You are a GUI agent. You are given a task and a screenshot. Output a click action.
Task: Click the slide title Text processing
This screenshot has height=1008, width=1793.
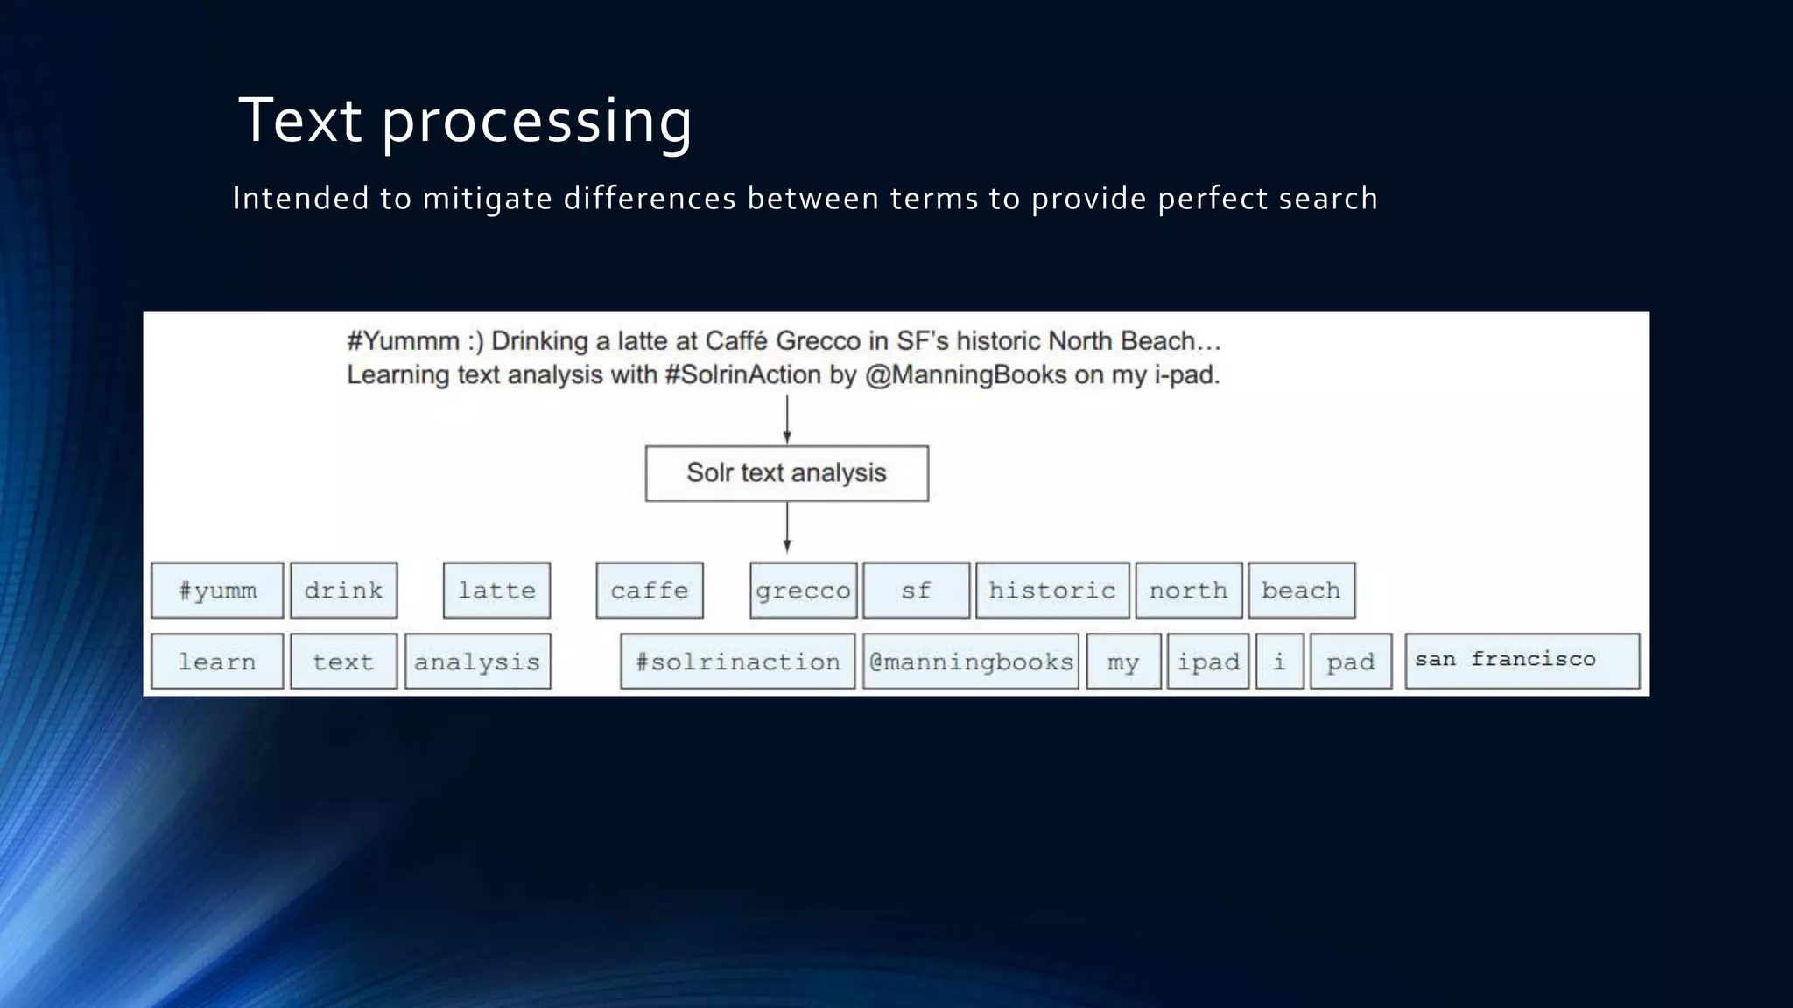(465, 121)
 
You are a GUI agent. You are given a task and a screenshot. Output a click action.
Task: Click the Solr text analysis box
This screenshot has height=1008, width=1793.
(786, 473)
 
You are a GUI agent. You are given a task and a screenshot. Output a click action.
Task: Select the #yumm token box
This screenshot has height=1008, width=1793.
(217, 591)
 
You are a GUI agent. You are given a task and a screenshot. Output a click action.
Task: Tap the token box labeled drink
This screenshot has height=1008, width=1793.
(343, 591)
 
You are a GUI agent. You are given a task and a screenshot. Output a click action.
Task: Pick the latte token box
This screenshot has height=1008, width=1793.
(496, 591)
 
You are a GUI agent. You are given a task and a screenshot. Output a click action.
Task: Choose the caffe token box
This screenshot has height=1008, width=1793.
(649, 591)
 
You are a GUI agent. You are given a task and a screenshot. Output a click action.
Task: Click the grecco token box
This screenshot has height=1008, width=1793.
(803, 591)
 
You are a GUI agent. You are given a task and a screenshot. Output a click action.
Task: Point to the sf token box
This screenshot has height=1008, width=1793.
(916, 591)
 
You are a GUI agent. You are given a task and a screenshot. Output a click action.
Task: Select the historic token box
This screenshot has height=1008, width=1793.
(1052, 591)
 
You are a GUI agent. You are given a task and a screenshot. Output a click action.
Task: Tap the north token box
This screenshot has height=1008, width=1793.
(1188, 591)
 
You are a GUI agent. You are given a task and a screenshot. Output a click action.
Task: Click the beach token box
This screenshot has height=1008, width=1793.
(1301, 591)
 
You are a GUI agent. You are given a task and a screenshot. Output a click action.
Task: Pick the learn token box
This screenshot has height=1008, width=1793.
(217, 661)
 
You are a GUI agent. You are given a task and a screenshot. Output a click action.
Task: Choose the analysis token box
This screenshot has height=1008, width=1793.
(477, 661)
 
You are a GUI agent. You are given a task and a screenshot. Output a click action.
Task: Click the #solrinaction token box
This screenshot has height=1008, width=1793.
(737, 661)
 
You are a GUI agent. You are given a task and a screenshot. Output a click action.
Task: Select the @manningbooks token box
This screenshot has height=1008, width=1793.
(970, 661)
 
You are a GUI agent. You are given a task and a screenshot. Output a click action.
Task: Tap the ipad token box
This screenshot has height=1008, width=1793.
(1207, 661)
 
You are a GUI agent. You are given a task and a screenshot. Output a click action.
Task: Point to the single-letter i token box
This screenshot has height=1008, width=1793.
(1279, 661)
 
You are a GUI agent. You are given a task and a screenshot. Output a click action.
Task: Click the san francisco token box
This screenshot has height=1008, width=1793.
(1522, 661)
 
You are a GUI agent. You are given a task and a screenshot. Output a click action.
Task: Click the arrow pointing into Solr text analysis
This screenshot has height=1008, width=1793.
(786, 420)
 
